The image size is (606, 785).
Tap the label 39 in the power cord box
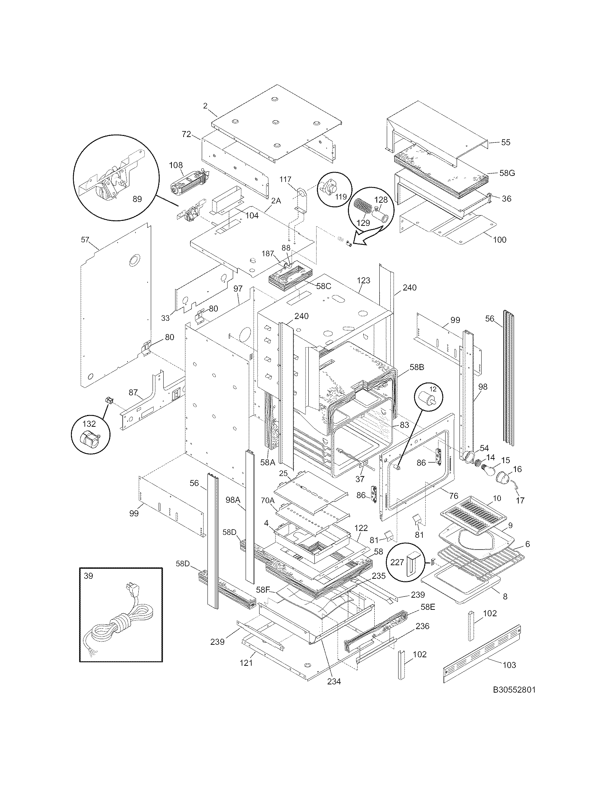coord(88,576)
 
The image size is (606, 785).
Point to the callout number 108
coord(176,165)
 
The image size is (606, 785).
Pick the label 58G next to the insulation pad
coord(507,173)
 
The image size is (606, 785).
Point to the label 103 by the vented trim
coord(509,665)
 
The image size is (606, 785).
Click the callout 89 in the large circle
coord(137,199)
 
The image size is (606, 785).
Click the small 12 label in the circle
coord(433,389)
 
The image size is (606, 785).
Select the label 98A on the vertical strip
coord(233,500)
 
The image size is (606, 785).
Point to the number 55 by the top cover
coord(505,142)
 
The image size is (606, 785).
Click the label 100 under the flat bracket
coord(500,239)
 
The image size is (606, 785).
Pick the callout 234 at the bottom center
coord(334,681)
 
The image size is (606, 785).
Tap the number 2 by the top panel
coord(205,106)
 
